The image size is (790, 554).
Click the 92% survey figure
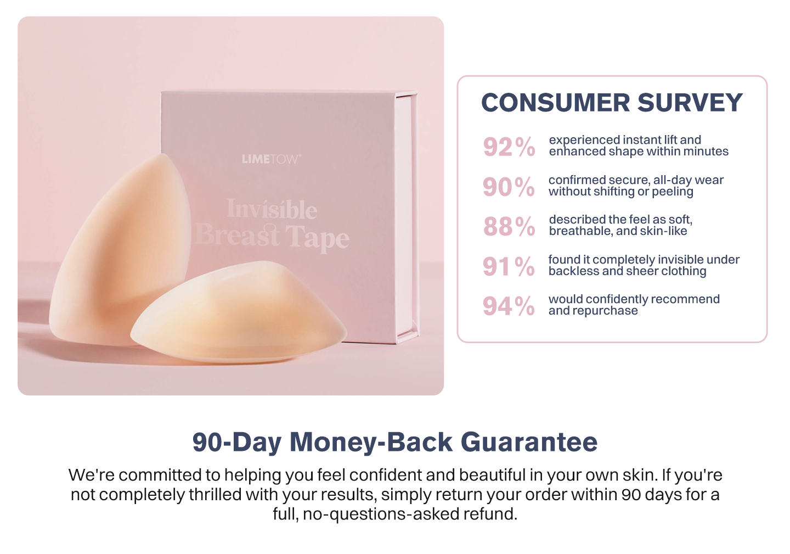pos(509,147)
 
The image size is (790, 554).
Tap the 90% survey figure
pos(509,187)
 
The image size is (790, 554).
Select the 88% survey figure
pos(509,226)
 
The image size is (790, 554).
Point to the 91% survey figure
pos(509,266)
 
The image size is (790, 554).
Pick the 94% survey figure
pos(509,306)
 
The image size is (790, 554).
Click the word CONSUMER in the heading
pos(555,103)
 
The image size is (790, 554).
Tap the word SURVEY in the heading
pos(690,103)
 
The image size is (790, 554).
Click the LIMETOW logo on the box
pos(271,159)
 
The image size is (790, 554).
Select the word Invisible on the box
pos(272,209)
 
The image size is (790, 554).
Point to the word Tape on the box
pos(317,238)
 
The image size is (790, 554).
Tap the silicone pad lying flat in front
pos(239,312)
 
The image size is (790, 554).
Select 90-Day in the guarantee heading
pos(237,442)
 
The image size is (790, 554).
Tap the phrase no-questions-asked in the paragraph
pos(381,514)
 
